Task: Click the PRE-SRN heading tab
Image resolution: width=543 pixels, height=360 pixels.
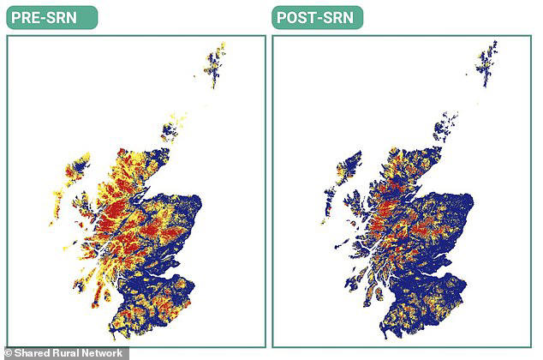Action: coord(51,17)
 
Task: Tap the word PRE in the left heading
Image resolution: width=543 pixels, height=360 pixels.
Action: coord(28,17)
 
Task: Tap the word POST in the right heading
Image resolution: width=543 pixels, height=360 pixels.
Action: coord(298,17)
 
